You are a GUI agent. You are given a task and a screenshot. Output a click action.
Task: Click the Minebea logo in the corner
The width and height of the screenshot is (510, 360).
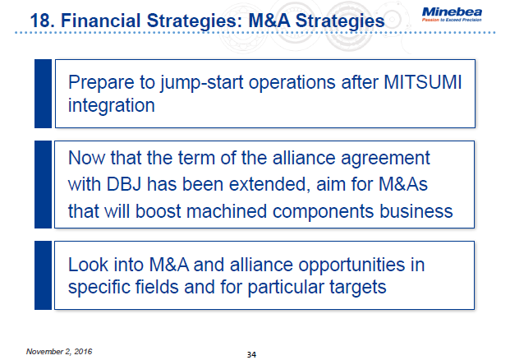[x=457, y=14]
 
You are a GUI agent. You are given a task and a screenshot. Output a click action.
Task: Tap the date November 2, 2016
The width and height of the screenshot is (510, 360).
[x=59, y=351]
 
